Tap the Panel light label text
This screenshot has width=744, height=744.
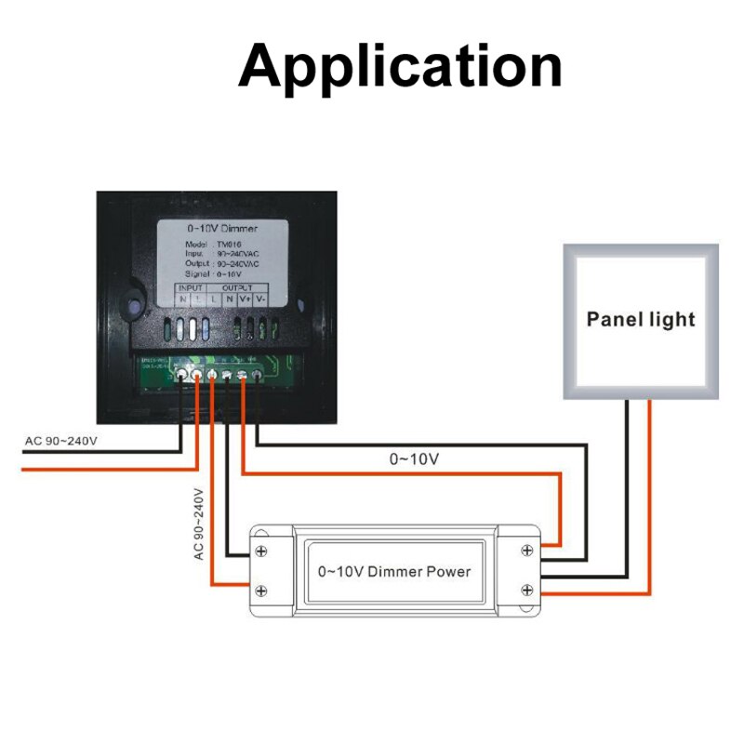point(641,319)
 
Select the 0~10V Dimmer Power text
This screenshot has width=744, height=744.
point(394,571)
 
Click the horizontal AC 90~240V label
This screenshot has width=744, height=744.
point(60,441)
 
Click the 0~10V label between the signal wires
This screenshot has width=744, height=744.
point(414,458)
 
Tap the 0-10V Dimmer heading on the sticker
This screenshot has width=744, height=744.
point(222,228)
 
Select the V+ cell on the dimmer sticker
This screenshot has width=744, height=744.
point(244,299)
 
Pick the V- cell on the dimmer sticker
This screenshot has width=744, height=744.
point(260,299)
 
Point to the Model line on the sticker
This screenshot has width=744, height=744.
point(205,243)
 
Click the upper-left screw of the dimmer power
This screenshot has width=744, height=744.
point(262,551)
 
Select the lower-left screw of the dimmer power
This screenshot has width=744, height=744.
point(262,591)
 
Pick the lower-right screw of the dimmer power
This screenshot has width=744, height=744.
point(527,591)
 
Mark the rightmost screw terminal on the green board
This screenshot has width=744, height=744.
point(259,375)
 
